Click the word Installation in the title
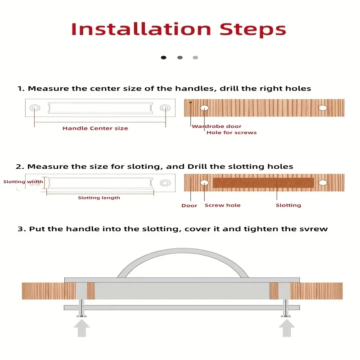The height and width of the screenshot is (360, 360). tap(141, 29)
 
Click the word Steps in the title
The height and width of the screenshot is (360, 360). tap(253, 30)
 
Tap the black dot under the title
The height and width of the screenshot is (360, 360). tap(163, 58)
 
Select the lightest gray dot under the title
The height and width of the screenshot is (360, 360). tap(195, 58)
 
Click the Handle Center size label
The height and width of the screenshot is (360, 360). tap(95, 128)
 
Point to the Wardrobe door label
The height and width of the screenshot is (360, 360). tap(217, 126)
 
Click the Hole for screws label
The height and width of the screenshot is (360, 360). tap(231, 132)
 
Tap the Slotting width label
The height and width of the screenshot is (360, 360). tap(23, 182)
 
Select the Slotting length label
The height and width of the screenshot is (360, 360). tap(99, 198)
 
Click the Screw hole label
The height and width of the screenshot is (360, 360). tap(222, 205)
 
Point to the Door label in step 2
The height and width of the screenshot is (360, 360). tap(189, 206)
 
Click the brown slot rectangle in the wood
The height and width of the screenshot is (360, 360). tap(263, 183)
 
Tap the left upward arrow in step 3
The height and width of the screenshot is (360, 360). tap(82, 328)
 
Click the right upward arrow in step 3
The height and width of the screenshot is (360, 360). tap(287, 328)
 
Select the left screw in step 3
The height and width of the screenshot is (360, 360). tap(81, 308)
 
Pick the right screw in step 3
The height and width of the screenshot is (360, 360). tap(286, 308)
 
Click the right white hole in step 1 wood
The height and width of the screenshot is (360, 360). tap(323, 108)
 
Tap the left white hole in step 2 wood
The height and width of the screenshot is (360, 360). tap(204, 183)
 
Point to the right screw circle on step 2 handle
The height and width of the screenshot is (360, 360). tap(165, 183)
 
